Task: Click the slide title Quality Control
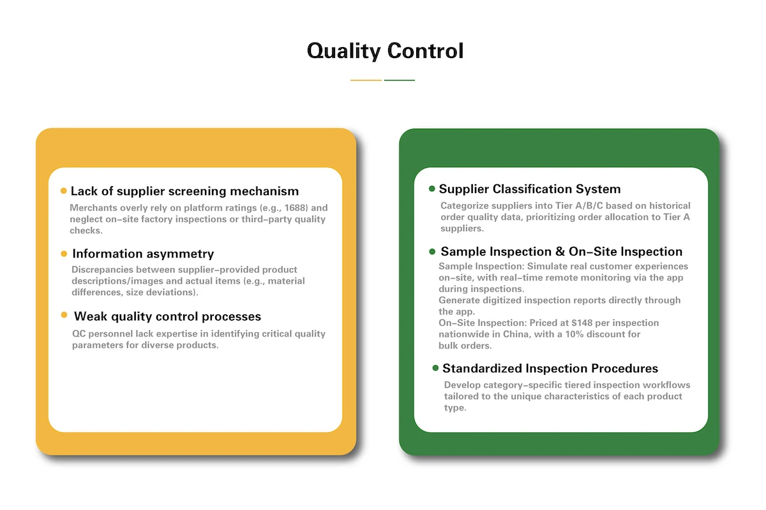pos(385,50)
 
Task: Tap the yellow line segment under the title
pos(366,80)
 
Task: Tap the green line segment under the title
pos(400,80)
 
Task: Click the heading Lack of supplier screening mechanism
pos(184,191)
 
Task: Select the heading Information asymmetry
pos(143,254)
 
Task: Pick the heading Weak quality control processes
pos(167,316)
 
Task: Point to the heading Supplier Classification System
pos(529,189)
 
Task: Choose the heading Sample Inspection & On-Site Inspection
pos(561,252)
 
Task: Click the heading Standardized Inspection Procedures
pos(550,368)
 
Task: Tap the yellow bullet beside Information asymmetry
pos(64,254)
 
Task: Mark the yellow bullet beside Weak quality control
pos(64,316)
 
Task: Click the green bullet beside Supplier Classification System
pos(432,189)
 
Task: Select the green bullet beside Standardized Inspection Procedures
pos(435,368)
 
